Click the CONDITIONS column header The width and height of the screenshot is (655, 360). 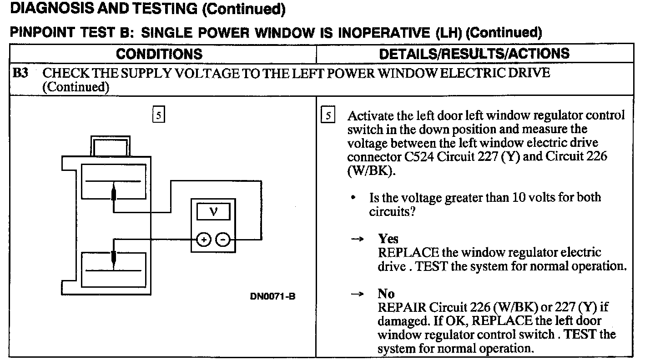[x=159, y=54]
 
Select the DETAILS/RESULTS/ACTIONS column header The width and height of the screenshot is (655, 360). [x=474, y=54]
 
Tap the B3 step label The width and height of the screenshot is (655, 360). [x=20, y=73]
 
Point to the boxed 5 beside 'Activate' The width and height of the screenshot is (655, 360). [x=327, y=115]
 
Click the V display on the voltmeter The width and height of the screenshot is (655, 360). [x=213, y=212]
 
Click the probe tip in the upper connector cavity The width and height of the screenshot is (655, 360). [x=113, y=194]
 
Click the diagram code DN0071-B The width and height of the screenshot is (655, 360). [x=273, y=296]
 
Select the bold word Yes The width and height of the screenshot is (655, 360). [x=388, y=239]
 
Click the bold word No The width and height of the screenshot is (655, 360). [x=386, y=294]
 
